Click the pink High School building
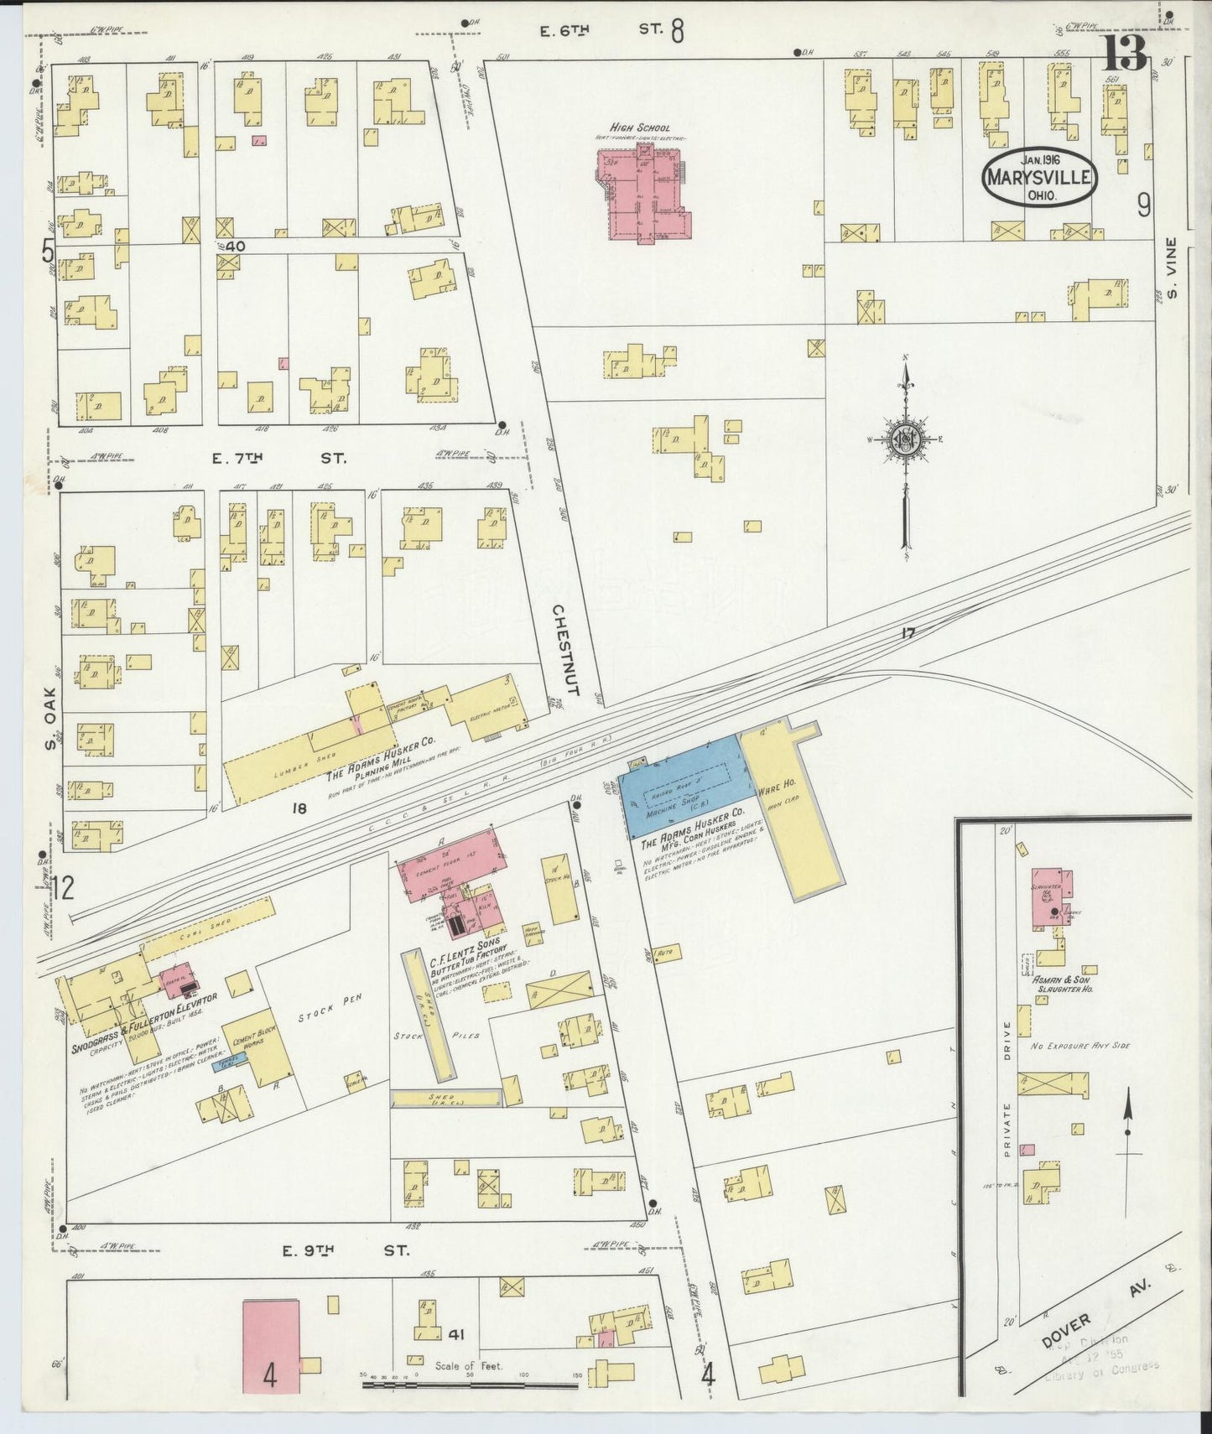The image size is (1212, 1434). [642, 194]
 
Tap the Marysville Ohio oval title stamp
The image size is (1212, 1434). [1039, 177]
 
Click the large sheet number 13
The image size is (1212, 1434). [1124, 55]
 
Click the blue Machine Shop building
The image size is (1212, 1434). [684, 786]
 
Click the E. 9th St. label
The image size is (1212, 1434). [344, 1250]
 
